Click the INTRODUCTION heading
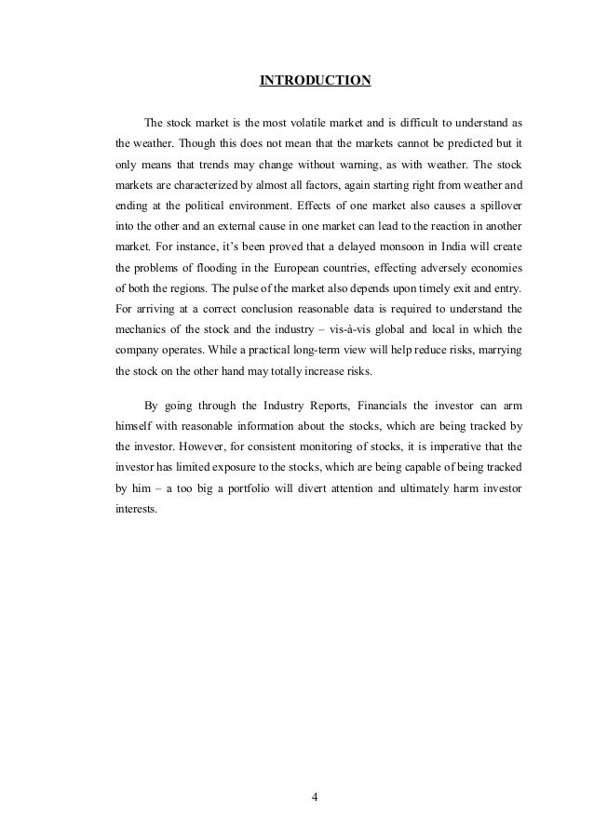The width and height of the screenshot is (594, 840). point(315,80)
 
